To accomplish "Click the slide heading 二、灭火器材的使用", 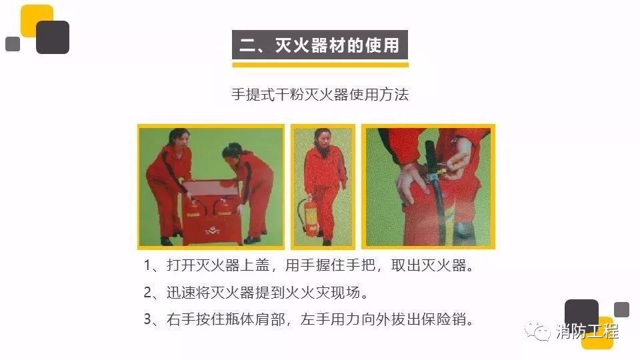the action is [319, 45].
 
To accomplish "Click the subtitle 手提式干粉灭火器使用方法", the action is [320, 95].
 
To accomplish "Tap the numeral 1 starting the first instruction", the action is [147, 266].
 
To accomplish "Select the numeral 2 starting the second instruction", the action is [148, 293].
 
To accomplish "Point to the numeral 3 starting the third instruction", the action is [148, 319].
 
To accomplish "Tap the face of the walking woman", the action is [323, 139].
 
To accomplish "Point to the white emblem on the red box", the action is [212, 231].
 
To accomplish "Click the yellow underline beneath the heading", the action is [321, 65].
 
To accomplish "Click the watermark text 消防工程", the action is [587, 331].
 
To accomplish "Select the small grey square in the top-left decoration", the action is [13, 44].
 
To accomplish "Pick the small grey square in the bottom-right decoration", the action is [621, 309].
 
